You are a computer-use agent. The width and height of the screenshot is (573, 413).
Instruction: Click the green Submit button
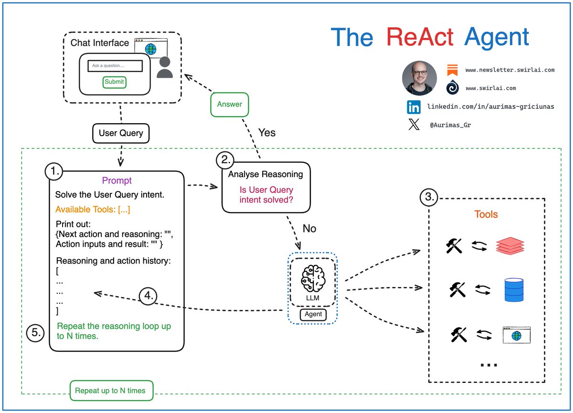point(114,82)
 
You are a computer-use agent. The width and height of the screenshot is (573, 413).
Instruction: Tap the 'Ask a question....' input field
point(115,66)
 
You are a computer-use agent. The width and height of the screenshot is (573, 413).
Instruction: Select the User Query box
point(121,133)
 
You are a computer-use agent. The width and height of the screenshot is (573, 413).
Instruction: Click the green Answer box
point(230,105)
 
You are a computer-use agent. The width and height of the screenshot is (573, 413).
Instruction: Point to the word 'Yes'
point(267,133)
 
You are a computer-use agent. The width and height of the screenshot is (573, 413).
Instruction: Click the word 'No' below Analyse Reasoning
point(309,228)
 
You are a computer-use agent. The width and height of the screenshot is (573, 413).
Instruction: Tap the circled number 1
point(54,171)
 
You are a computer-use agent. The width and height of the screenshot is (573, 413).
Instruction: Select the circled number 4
point(148,296)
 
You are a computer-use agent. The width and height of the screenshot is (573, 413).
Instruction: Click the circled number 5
point(35,333)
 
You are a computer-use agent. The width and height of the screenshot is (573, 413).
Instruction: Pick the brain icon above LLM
point(313,278)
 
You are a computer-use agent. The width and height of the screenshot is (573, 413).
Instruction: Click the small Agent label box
point(313,314)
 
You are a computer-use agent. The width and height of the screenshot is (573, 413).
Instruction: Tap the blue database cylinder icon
point(514,290)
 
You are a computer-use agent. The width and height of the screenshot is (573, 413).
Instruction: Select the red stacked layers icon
point(510,246)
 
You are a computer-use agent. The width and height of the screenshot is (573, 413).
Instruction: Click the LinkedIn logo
point(414,107)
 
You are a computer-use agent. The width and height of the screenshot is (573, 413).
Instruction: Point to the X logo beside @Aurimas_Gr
point(414,125)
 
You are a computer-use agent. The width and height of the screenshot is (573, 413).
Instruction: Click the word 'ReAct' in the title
point(420,37)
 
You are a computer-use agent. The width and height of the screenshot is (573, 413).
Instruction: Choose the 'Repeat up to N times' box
point(112,391)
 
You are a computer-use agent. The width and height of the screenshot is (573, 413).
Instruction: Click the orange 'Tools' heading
point(486,214)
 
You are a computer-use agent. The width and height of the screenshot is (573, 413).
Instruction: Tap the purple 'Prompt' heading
point(117,181)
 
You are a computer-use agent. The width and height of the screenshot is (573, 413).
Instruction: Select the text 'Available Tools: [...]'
point(93,210)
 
